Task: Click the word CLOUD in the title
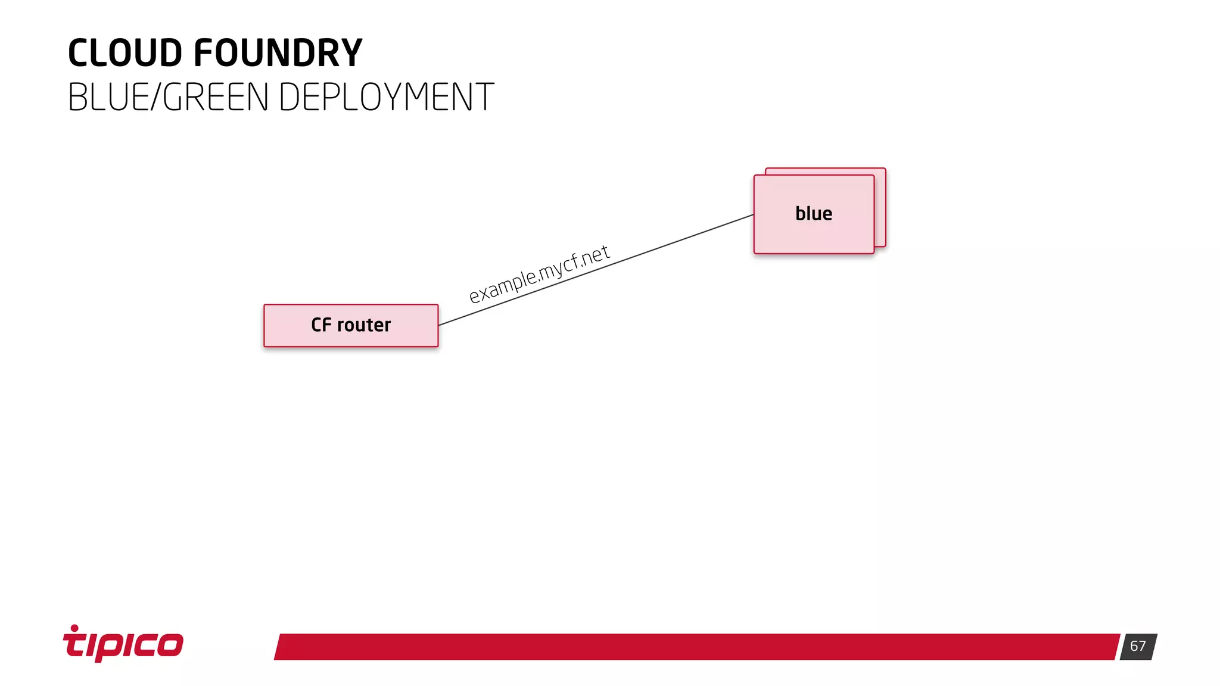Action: tap(125, 53)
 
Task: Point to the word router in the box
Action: tap(364, 325)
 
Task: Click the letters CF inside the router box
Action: tap(320, 325)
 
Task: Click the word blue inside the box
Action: tap(813, 214)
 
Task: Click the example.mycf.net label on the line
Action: tap(539, 275)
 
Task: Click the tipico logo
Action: tap(123, 644)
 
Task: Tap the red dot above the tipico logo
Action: tap(74, 628)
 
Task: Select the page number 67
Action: tap(1138, 646)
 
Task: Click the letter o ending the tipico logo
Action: tap(170, 645)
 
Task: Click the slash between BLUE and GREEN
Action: tap(156, 97)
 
